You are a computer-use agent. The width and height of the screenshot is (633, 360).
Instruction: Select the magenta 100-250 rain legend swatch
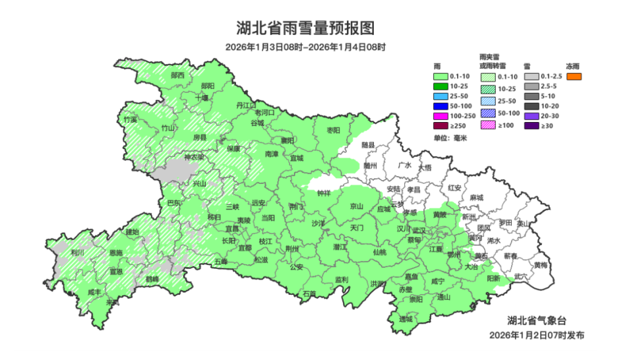coord(440,116)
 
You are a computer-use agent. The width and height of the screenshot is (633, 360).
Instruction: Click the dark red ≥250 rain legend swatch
coord(440,126)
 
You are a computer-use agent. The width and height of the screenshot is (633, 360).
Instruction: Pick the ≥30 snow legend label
coord(547,126)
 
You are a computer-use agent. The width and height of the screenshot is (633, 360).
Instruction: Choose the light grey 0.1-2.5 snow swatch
coord(530,76)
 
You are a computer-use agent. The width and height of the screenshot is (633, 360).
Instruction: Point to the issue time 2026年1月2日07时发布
coord(536,336)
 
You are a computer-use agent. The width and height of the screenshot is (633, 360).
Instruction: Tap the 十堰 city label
coord(202,98)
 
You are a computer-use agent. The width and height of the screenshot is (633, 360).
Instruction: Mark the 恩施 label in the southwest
coord(115,253)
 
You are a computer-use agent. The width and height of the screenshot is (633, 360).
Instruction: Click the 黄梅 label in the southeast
coord(540,265)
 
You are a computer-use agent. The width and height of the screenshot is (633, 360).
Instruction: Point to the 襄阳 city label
coord(286,140)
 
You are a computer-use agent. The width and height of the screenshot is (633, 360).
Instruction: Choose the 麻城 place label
coord(476,198)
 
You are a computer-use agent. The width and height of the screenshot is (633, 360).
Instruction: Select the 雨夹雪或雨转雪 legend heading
coord(493,61)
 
